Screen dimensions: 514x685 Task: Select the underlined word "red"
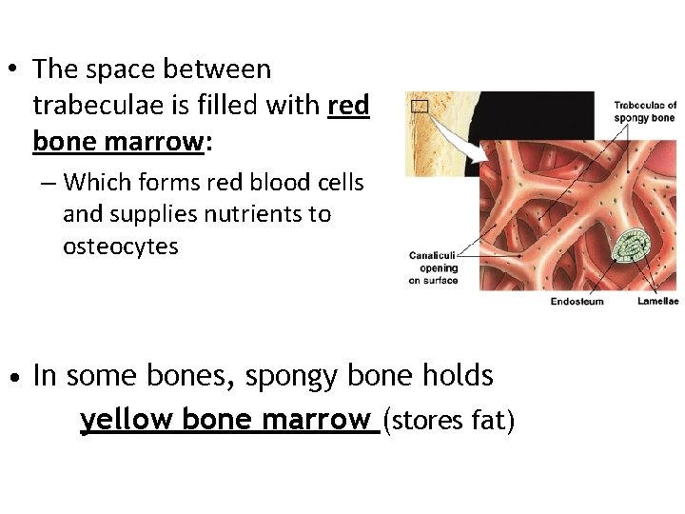click(348, 105)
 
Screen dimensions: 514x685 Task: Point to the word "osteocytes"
click(120, 246)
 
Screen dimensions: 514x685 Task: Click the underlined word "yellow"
click(127, 419)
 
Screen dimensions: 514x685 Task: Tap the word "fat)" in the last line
click(492, 420)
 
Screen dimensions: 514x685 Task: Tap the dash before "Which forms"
click(48, 182)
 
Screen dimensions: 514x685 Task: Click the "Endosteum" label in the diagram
click(577, 301)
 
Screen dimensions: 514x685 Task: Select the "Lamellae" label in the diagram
click(657, 301)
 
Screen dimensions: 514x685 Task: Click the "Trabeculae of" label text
click(645, 106)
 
